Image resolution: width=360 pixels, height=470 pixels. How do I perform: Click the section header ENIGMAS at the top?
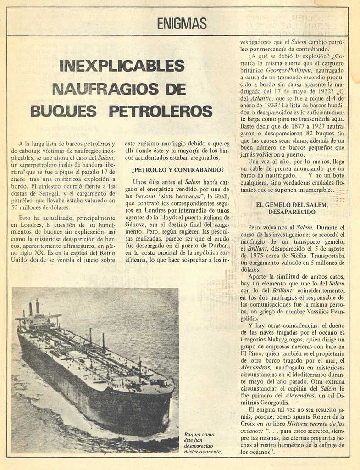tap(182, 23)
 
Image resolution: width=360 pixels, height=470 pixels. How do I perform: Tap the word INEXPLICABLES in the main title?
tap(122, 66)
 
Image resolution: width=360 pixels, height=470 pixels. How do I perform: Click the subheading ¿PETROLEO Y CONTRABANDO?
tap(177, 170)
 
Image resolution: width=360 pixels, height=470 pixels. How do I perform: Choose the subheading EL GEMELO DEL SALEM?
tap(292, 205)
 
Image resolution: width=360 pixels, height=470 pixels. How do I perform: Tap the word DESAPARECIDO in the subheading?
tap(292, 212)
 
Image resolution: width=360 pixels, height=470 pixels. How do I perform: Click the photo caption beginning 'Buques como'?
tap(202, 442)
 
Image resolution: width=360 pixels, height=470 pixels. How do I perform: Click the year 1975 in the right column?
tap(250, 256)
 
